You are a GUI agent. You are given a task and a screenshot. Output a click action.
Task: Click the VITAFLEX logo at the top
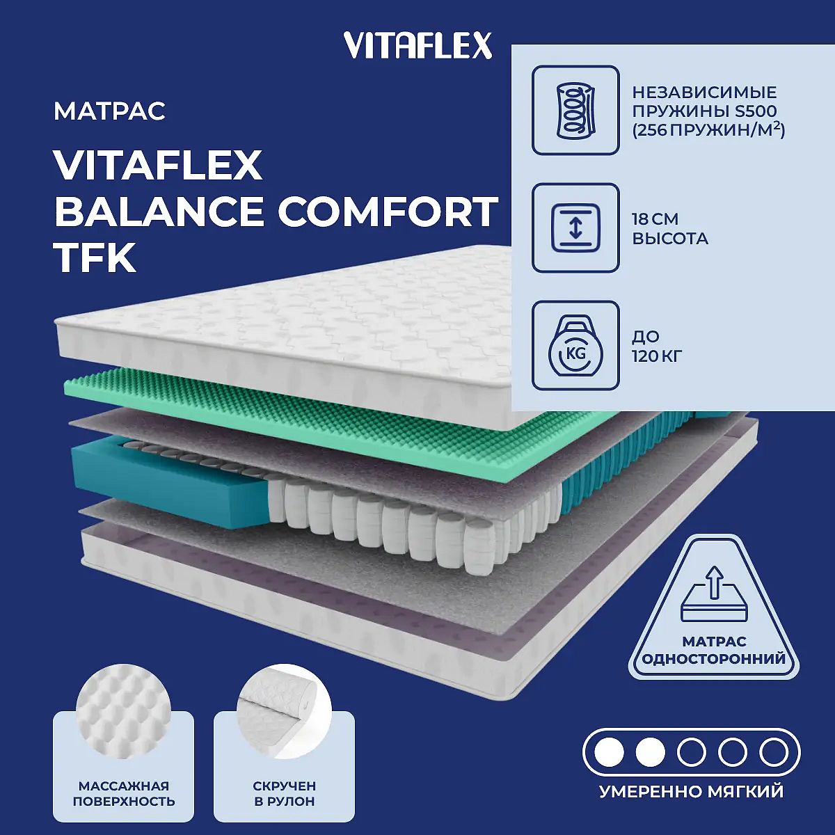417,45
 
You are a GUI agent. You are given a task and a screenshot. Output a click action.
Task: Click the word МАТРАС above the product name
110,111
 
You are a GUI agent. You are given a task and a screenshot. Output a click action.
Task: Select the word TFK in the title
95,257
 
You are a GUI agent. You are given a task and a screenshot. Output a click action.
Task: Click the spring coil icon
575,110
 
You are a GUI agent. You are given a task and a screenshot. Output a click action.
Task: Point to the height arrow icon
575,228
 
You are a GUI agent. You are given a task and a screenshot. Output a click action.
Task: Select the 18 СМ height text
655,219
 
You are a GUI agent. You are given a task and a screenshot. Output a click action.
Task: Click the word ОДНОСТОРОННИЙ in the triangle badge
714,659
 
